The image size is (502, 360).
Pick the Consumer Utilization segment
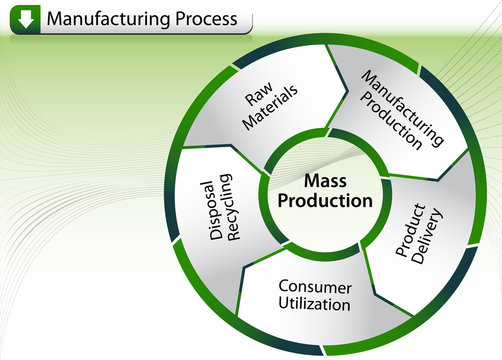point(315,295)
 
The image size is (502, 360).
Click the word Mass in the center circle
point(325,181)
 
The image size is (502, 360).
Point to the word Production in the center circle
point(325,200)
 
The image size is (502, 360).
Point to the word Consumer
point(315,286)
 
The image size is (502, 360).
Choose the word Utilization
point(315,304)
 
